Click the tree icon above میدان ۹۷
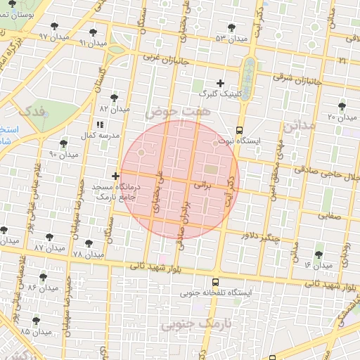pos(53,25)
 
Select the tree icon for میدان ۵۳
pos(231,28)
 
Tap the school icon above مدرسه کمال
pos(99,124)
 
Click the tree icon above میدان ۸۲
pos(115,98)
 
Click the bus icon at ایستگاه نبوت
pos(240,130)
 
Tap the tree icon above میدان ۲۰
pos(342,106)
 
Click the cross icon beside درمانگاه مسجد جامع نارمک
pos(116,176)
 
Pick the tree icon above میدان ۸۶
pos(44,278)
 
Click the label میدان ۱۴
pos(318,265)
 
